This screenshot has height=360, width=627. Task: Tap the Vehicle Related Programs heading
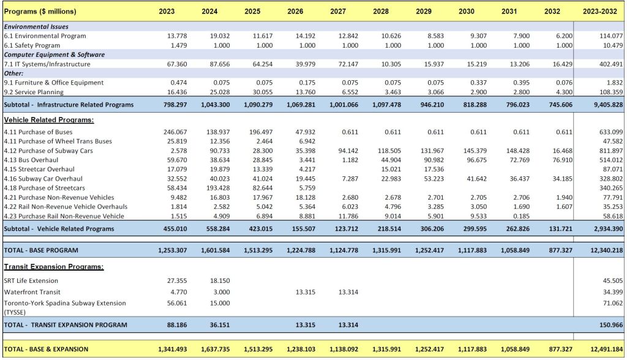click(49, 120)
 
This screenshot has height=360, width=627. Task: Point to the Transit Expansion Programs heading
click(54, 267)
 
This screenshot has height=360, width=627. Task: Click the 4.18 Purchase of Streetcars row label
click(45, 188)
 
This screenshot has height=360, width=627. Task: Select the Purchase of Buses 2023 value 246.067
click(175, 132)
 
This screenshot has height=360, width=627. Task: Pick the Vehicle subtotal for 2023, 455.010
click(173, 229)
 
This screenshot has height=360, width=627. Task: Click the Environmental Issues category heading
click(37, 27)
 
